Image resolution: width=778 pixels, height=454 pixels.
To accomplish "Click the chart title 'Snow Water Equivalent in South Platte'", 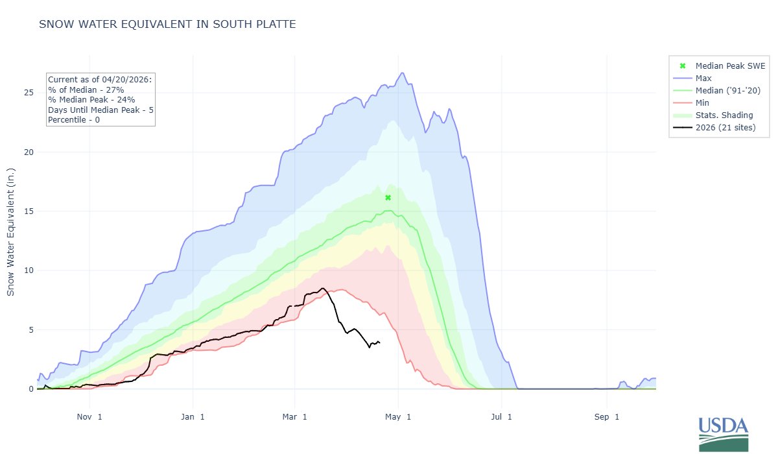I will pos(167,25).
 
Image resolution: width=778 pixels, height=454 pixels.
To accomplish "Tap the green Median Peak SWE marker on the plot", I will pos(388,197).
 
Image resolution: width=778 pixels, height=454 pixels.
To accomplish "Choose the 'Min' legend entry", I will pos(703,102).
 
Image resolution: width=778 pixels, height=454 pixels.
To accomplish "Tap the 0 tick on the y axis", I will pos(29,389).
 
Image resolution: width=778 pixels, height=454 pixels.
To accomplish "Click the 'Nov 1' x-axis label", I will pos(89,417).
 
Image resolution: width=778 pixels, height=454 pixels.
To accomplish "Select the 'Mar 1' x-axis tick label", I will pos(296,417).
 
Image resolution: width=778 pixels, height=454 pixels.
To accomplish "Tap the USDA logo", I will pos(723,433).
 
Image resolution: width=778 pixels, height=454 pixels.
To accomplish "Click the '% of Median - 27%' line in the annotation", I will pos(86,90).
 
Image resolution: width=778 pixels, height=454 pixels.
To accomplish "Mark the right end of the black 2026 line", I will pos(379,342).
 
